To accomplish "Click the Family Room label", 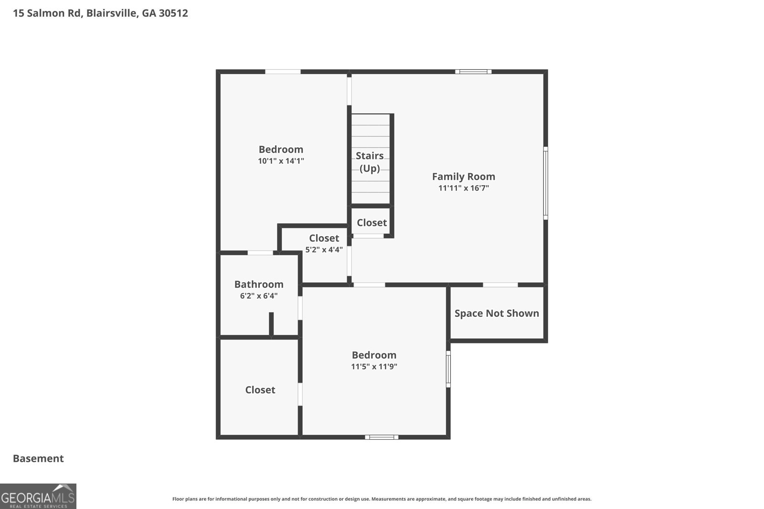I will pyautogui.click(x=463, y=177).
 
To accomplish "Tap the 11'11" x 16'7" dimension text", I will pyautogui.click(x=463, y=188).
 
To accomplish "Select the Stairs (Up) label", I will pyautogui.click(x=370, y=162).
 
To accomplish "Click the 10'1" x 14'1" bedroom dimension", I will pyautogui.click(x=281, y=161).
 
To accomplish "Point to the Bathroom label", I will pyautogui.click(x=259, y=284).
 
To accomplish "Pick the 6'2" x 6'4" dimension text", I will pyautogui.click(x=259, y=296).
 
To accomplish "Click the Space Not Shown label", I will pyautogui.click(x=497, y=313).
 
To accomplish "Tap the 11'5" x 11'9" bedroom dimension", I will pyautogui.click(x=374, y=367).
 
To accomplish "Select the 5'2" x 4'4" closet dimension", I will pyautogui.click(x=324, y=249).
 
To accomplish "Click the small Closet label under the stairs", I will pyautogui.click(x=371, y=223).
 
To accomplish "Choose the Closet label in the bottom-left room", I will pyautogui.click(x=260, y=390).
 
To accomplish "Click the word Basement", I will pyautogui.click(x=38, y=458).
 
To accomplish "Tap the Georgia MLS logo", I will pyautogui.click(x=38, y=496).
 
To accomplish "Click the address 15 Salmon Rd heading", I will pyautogui.click(x=100, y=13).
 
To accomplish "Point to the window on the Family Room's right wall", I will pyautogui.click(x=545, y=183).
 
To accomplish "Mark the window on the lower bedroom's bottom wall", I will pyautogui.click(x=382, y=437).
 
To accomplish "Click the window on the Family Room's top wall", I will pyautogui.click(x=473, y=72).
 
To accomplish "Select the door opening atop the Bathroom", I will pyautogui.click(x=260, y=253).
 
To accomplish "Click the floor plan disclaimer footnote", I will pyautogui.click(x=382, y=499).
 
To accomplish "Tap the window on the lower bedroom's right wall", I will pyautogui.click(x=448, y=369).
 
